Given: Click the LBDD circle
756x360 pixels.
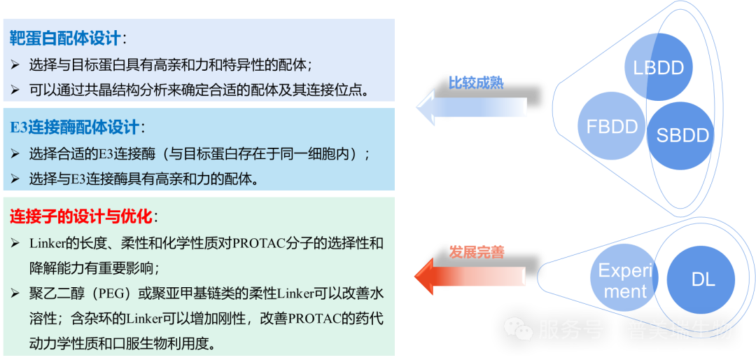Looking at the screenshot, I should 658,67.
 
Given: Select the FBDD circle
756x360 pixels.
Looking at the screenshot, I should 612,127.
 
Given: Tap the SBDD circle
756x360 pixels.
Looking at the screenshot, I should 678,134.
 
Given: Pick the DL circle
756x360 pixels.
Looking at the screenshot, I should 702,279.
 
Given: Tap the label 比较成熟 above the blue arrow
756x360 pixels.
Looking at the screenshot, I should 476,83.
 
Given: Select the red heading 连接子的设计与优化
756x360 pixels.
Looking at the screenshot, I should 81,216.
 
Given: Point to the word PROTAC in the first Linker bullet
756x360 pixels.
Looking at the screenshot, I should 258,244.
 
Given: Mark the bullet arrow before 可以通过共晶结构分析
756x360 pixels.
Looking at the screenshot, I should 15,90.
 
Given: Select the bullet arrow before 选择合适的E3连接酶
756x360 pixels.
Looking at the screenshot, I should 15,153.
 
